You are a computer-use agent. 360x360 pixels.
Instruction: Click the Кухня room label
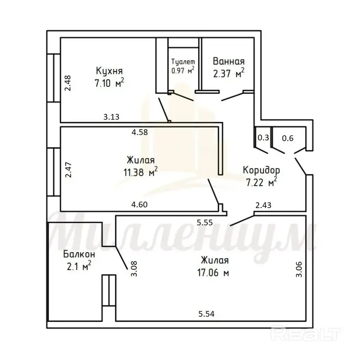coord(109,71)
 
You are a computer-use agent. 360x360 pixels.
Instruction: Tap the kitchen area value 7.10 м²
coord(109,83)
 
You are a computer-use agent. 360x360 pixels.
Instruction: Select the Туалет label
coord(183,62)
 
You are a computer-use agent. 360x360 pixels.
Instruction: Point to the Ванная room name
coord(228,61)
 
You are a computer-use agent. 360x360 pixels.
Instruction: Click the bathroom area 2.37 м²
coord(228,73)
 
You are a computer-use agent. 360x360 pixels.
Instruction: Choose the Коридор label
coord(261,170)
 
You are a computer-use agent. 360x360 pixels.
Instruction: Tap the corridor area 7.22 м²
coord(261,182)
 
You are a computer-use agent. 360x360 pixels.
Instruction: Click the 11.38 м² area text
coord(141,172)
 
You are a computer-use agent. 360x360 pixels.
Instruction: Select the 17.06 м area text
coord(213,273)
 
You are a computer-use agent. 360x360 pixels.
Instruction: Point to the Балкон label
coord(79,254)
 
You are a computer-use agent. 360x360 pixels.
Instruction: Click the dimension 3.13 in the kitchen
coord(111,117)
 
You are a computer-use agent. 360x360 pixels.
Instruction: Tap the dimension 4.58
coord(140,132)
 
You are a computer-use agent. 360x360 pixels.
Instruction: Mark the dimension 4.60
coord(139,204)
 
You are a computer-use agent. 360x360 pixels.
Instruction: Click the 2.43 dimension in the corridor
coord(264,205)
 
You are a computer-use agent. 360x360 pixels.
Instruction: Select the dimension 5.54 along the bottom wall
coord(206,313)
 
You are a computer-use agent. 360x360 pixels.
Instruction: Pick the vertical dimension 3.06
coord(299,269)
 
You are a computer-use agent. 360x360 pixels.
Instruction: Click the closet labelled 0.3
coord(263,138)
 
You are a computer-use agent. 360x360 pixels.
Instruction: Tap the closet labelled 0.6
coord(288,138)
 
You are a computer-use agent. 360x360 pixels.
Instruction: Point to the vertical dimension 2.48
coord(68,83)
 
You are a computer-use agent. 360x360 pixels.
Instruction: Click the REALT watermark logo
coord(306,334)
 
